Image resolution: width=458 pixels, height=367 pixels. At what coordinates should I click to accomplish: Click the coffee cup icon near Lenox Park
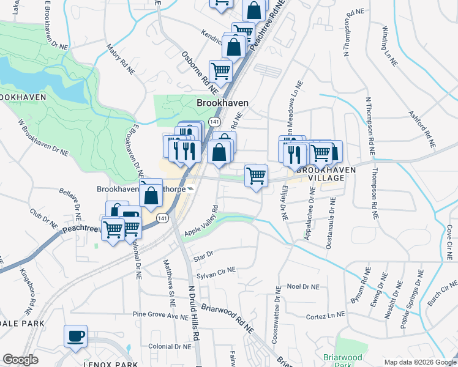(x=75, y=336)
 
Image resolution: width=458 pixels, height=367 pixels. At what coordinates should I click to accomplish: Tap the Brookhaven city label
(x=222, y=103)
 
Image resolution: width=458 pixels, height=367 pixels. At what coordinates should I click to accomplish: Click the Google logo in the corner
(x=20, y=360)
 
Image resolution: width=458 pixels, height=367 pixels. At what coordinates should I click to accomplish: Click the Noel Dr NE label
(x=303, y=286)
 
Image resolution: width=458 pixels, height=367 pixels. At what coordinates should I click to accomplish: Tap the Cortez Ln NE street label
(x=326, y=316)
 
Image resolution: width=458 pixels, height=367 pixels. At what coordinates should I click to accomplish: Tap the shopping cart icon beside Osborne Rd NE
(x=220, y=71)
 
